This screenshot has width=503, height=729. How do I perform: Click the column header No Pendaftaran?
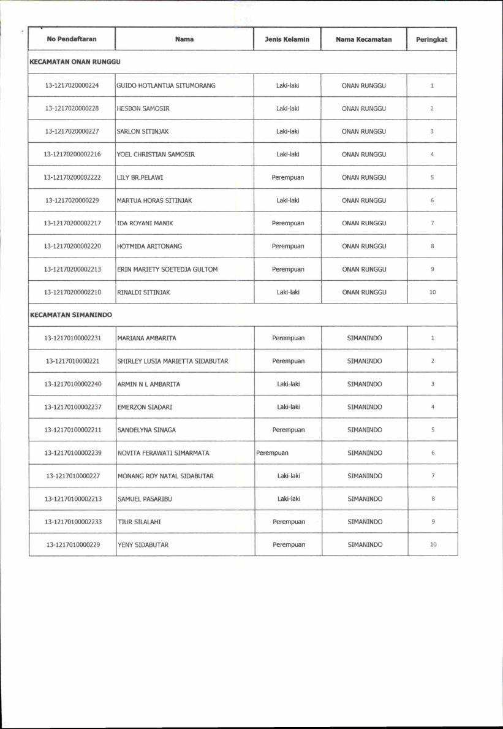[72, 39]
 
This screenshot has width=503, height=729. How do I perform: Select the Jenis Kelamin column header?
[287, 39]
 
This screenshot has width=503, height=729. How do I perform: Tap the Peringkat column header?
[431, 39]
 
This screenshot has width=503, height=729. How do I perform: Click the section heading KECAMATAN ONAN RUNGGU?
[75, 62]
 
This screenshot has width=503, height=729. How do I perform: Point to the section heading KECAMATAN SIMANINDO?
[71, 315]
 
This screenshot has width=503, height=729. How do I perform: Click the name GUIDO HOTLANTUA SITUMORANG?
[166, 85]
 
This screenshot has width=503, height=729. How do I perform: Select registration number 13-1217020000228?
[72, 109]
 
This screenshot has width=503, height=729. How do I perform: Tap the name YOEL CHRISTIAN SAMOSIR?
[156, 155]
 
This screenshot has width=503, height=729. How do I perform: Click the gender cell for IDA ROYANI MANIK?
[287, 223]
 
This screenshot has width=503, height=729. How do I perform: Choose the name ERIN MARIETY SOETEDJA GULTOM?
[167, 269]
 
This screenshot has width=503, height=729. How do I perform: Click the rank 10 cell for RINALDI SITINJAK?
[432, 292]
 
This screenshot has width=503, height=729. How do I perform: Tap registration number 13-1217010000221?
[72, 361]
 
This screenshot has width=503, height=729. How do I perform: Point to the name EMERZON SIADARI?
[143, 407]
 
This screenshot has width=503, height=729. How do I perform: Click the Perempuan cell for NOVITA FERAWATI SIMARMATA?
[272, 453]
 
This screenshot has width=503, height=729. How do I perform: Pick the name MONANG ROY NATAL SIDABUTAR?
[165, 476]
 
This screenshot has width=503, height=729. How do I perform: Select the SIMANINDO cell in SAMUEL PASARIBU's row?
[364, 499]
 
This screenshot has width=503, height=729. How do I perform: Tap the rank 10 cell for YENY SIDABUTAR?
[433, 544]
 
